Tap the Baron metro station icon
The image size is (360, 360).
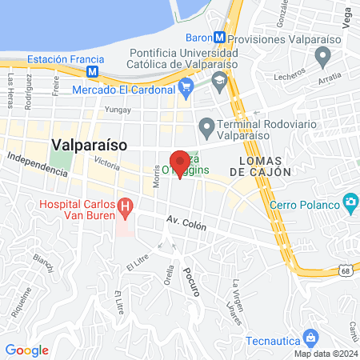219,38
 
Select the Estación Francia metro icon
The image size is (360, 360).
93,71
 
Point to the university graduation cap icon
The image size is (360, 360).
218,80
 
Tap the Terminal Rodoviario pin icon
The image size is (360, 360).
206,127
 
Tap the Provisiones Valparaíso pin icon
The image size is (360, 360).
323,58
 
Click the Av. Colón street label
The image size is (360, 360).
186,225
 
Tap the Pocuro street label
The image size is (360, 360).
191,282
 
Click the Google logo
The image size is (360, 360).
26,350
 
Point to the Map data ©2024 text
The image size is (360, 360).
325,354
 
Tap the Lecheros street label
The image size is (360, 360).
289,73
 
